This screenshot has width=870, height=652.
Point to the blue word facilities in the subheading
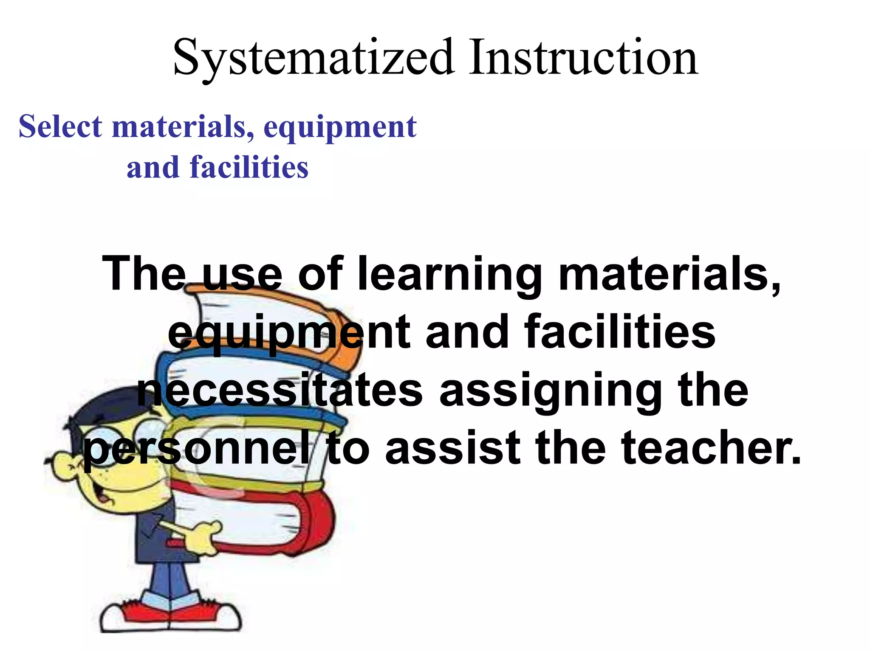click(249, 167)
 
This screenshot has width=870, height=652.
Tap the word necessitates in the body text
click(280, 390)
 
